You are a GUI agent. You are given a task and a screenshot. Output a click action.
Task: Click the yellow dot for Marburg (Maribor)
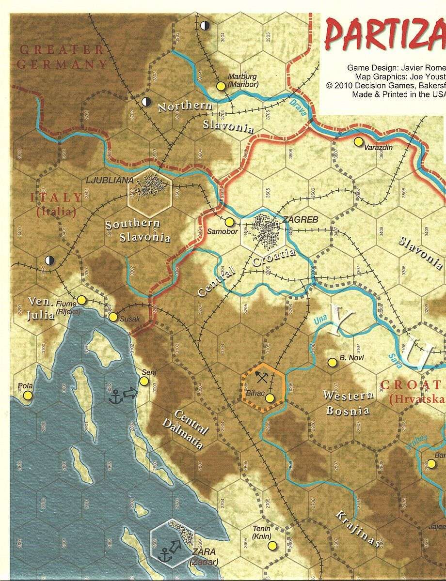221,86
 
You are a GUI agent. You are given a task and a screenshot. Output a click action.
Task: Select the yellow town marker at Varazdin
358,142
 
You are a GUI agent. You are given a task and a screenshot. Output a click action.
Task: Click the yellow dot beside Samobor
230,222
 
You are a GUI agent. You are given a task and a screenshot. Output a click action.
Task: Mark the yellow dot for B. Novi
333,362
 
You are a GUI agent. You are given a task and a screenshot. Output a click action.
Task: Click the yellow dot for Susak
113,317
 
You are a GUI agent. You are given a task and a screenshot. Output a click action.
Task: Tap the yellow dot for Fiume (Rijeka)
81,300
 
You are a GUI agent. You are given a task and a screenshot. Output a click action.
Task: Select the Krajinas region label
357,529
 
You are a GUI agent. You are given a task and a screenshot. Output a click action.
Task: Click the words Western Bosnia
349,403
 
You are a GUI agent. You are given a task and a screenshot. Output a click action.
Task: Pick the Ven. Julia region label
40,308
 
